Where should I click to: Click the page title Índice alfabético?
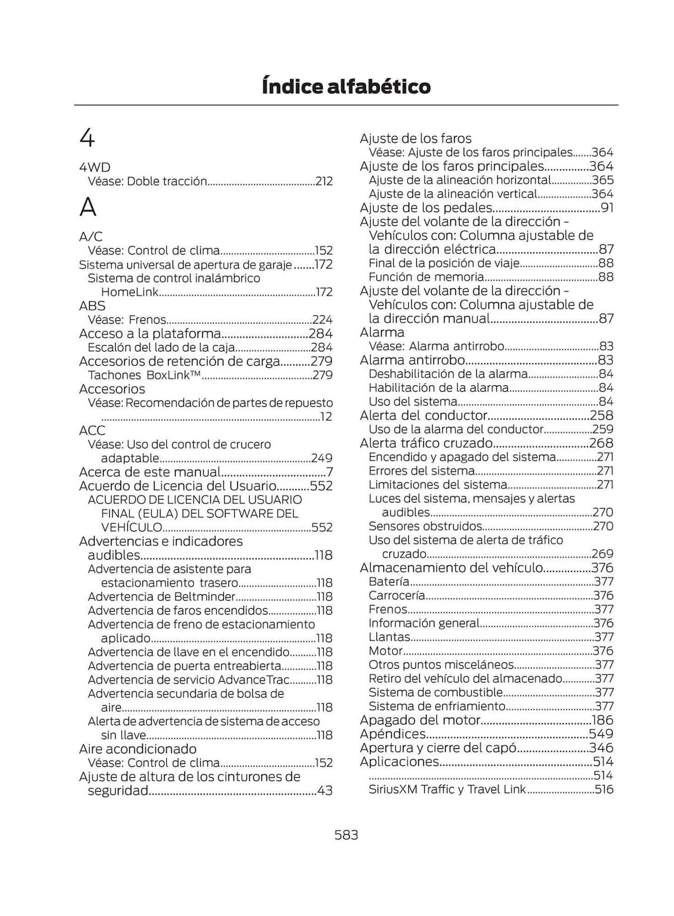pyautogui.click(x=346, y=87)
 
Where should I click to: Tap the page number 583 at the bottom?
pyautogui.click(x=346, y=834)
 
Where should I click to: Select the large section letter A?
pyautogui.click(x=88, y=207)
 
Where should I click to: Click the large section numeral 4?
pyautogui.click(x=87, y=138)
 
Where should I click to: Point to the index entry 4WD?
pyautogui.click(x=95, y=167)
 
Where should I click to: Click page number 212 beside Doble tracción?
pyautogui.click(x=324, y=181)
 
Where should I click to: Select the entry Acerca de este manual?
pyautogui.click(x=150, y=472)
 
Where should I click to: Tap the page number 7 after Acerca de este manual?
pyautogui.click(x=329, y=472)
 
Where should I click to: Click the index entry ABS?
pyautogui.click(x=92, y=305)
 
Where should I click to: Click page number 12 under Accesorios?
pyautogui.click(x=326, y=417)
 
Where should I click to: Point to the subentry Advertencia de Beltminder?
pyautogui.click(x=161, y=597)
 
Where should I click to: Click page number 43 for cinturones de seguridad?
pyautogui.click(x=325, y=791)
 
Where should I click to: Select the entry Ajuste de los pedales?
pyautogui.click(x=426, y=208)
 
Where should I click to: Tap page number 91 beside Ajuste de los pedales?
pyautogui.click(x=607, y=208)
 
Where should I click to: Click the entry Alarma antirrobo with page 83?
pyautogui.click(x=412, y=360)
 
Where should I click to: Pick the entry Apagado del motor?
pyautogui.click(x=420, y=720)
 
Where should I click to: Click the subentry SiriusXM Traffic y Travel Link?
pyautogui.click(x=447, y=789)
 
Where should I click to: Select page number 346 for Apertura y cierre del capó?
pyautogui.click(x=602, y=748)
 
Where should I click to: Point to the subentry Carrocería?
pyautogui.click(x=397, y=595)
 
